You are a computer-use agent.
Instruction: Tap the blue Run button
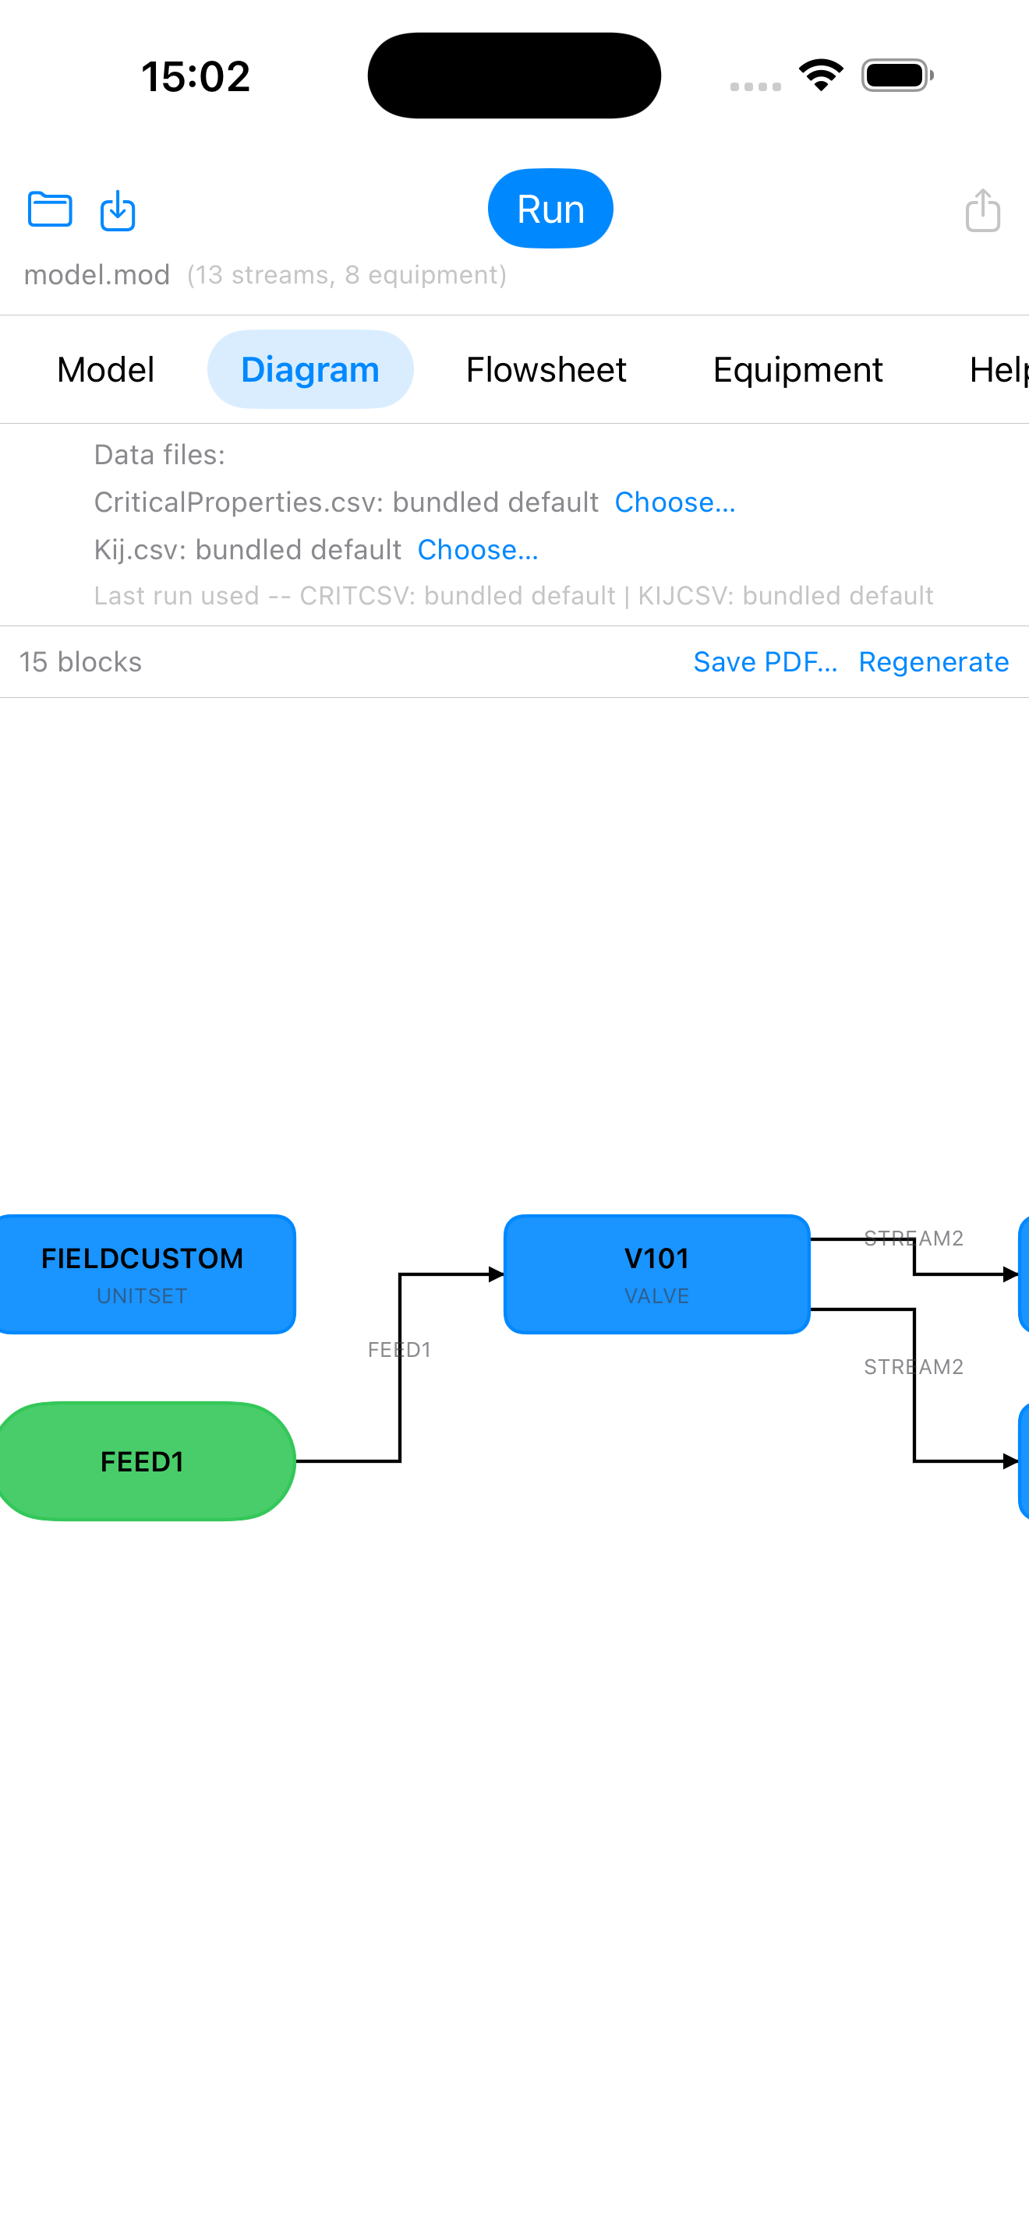550,209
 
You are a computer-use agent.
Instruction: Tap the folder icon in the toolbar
51,209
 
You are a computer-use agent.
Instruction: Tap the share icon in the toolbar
982,210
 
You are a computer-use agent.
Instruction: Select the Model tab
106,369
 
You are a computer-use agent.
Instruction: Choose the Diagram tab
309,369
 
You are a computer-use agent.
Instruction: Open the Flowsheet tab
546,369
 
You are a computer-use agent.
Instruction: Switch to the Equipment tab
797,369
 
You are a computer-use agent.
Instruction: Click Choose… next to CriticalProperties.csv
675,502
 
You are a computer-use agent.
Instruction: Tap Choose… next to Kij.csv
478,550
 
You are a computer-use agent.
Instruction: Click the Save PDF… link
766,661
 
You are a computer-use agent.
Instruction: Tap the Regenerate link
934,661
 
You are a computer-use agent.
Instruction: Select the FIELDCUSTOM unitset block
143,1274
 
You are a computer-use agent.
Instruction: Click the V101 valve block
657,1274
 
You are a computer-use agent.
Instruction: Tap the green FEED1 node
143,1461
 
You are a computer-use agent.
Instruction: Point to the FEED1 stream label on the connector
399,1349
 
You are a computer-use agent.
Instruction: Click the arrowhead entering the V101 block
497,1274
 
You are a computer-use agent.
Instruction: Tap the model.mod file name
97,275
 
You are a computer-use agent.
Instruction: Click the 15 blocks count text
81,661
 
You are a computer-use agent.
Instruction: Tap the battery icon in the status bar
897,76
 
